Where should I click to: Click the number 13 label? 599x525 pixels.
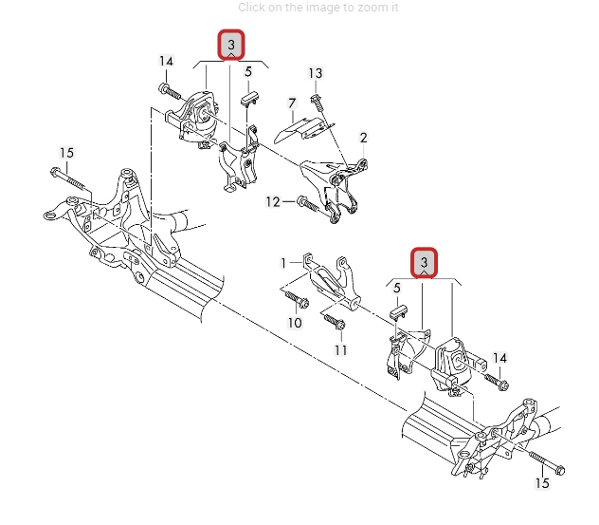click(316, 73)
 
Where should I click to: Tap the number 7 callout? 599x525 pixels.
click(293, 102)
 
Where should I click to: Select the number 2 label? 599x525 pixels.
click(363, 138)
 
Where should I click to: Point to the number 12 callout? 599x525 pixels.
click(273, 201)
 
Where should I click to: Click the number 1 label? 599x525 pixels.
click(282, 262)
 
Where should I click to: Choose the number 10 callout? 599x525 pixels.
click(295, 323)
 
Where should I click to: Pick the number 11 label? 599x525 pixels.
click(340, 349)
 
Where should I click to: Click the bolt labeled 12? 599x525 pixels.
click(305, 201)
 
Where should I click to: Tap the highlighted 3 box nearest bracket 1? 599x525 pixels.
click(425, 262)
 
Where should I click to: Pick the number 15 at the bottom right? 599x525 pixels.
click(542, 484)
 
